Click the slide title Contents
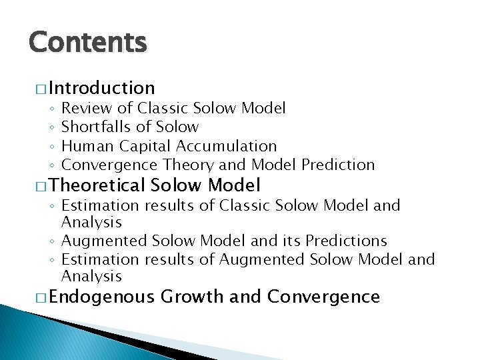click(87, 43)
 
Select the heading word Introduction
click(101, 88)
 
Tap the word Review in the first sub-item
click(85, 108)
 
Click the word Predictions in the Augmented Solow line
click(346, 241)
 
